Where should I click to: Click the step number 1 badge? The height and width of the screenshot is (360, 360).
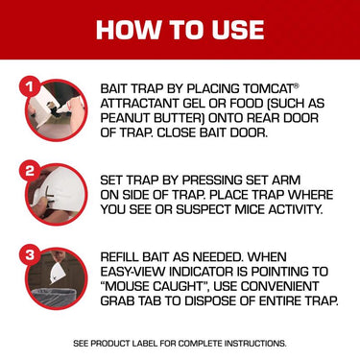(x=30, y=86)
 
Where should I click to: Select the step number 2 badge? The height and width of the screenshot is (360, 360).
(x=30, y=170)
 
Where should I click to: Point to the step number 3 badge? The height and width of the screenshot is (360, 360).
(x=30, y=254)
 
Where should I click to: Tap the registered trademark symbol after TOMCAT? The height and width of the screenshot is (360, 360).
(x=297, y=85)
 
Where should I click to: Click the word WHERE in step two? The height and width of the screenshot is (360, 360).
(x=311, y=195)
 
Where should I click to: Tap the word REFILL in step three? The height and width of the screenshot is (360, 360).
(x=120, y=257)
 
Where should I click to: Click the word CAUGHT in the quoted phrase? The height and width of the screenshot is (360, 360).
(x=183, y=286)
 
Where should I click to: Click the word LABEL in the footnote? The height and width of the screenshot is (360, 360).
(x=146, y=344)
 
